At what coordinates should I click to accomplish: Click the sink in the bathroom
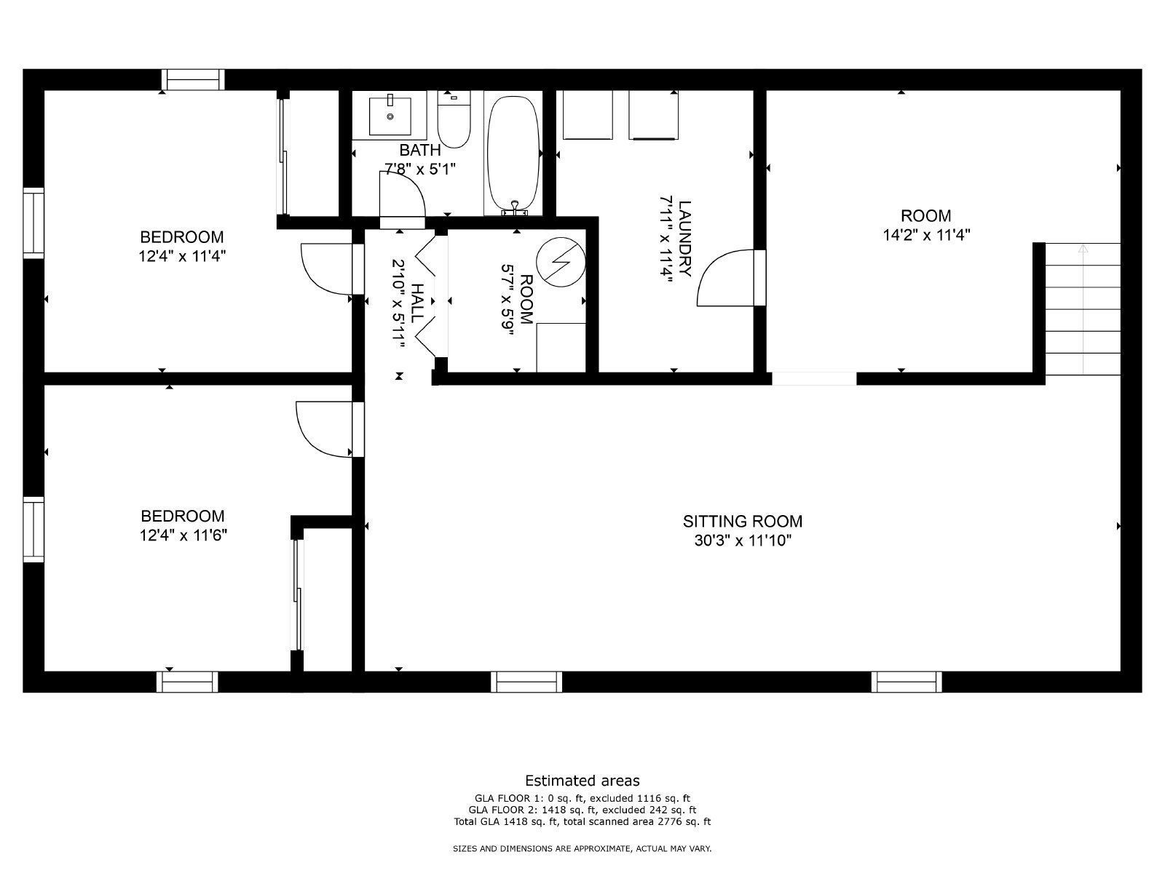tap(390, 115)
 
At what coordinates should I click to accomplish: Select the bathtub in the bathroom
tap(513, 154)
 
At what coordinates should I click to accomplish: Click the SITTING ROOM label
tap(742, 521)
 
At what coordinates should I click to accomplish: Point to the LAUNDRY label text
tap(685, 238)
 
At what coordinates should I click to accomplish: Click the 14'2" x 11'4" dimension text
tap(925, 235)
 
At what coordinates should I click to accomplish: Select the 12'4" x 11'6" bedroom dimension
tap(182, 535)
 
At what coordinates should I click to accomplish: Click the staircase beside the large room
tap(1082, 308)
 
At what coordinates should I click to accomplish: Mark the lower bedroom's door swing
tap(323, 429)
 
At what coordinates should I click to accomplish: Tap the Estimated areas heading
tap(582, 781)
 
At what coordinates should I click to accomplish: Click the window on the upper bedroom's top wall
tap(192, 79)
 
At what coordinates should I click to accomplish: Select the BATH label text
tap(420, 150)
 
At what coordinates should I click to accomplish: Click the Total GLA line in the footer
tap(582, 822)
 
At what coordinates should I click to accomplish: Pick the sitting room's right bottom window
tap(907, 682)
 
